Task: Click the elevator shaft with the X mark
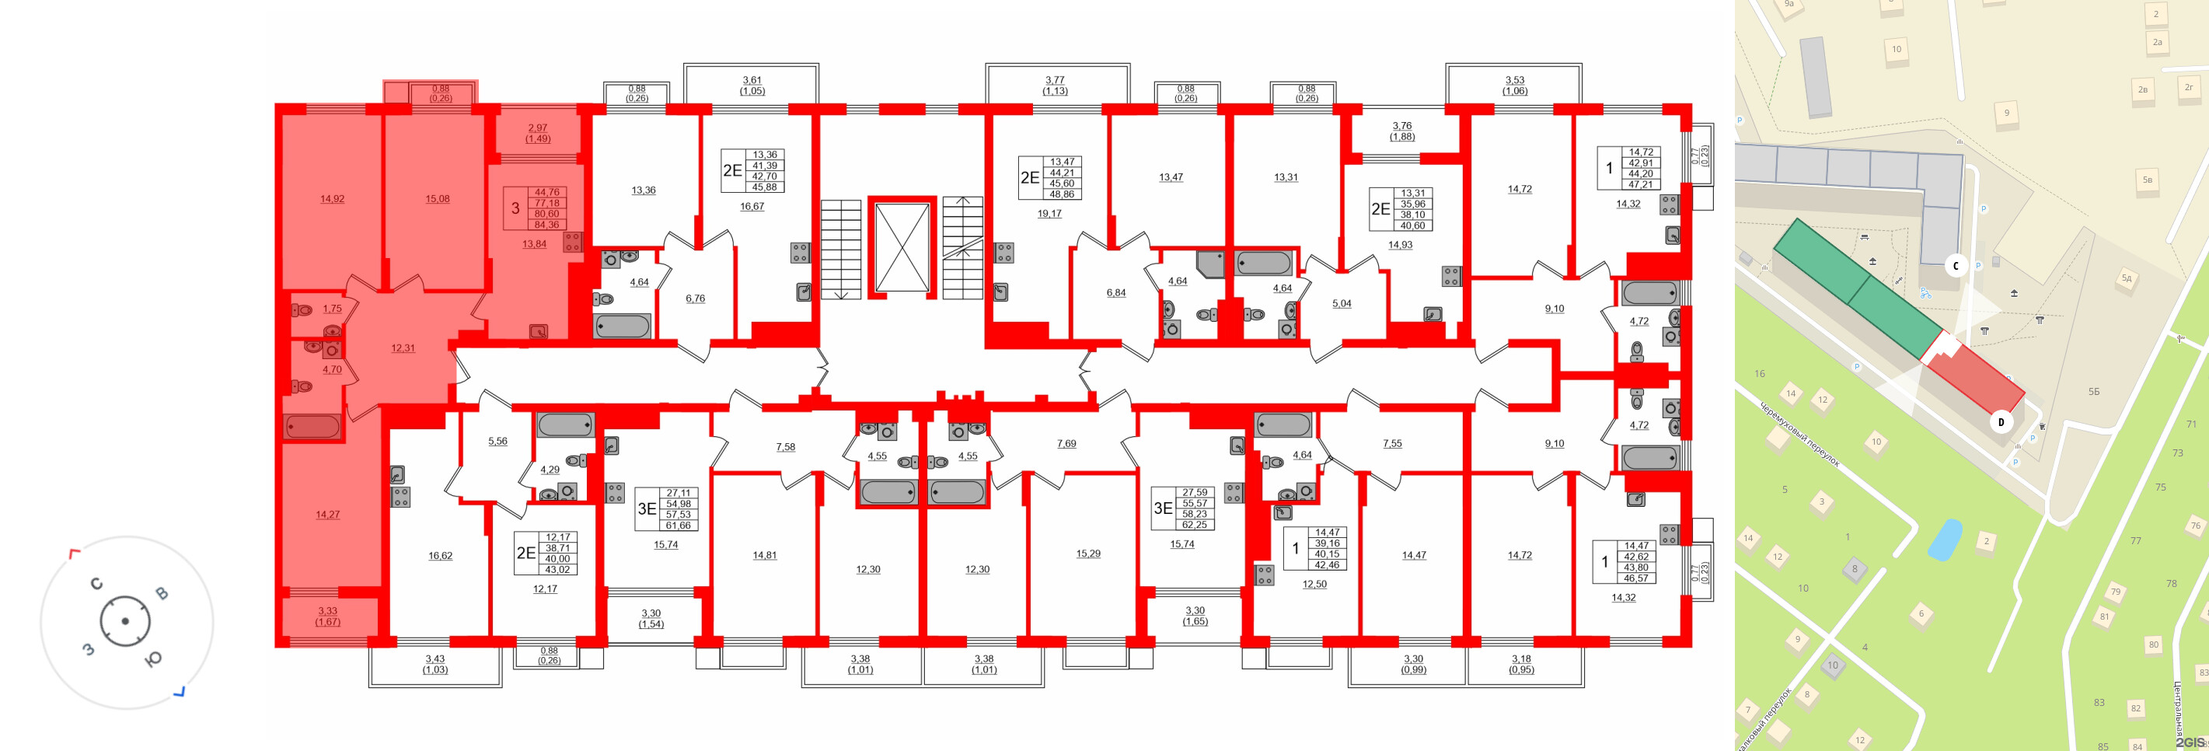902,248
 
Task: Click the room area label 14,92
332,199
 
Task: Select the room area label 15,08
438,199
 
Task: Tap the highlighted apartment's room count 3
515,208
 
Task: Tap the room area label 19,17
1049,214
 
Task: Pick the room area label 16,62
440,556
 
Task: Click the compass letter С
97,584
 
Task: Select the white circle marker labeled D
2001,422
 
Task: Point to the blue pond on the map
1944,540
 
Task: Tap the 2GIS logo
2190,742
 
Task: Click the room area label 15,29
1088,554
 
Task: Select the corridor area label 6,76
696,299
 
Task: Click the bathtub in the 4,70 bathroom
312,426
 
